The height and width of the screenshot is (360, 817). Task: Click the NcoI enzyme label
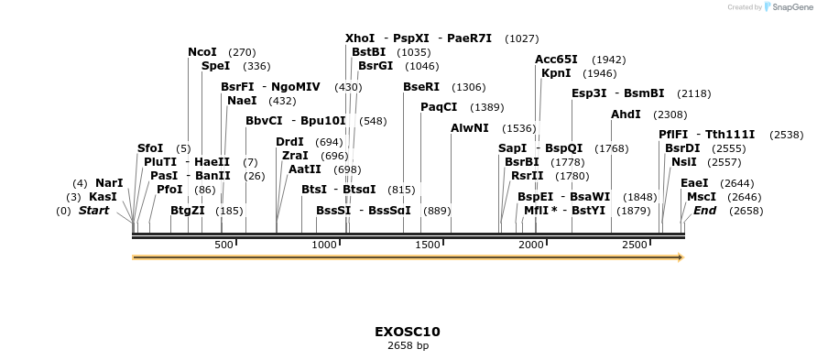click(x=202, y=52)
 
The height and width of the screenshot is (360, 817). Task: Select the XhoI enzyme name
click(x=360, y=38)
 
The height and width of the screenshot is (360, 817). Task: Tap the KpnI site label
click(x=556, y=73)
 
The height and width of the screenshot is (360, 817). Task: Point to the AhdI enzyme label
click(x=626, y=115)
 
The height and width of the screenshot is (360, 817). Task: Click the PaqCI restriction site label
click(x=439, y=107)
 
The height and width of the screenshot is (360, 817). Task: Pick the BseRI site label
click(x=421, y=87)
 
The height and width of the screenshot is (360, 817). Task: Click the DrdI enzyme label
click(x=290, y=142)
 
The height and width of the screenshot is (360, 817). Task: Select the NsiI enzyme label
click(x=683, y=162)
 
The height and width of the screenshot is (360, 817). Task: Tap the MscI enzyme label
click(x=702, y=197)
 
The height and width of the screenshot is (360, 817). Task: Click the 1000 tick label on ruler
click(x=325, y=245)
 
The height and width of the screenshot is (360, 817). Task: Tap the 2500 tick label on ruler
click(x=635, y=245)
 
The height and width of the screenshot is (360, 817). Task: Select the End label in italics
click(x=704, y=211)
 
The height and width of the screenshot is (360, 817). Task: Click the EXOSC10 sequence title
click(x=408, y=332)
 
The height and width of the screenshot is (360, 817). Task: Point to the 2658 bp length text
click(x=408, y=346)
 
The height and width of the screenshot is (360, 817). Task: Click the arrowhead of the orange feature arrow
click(x=681, y=258)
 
